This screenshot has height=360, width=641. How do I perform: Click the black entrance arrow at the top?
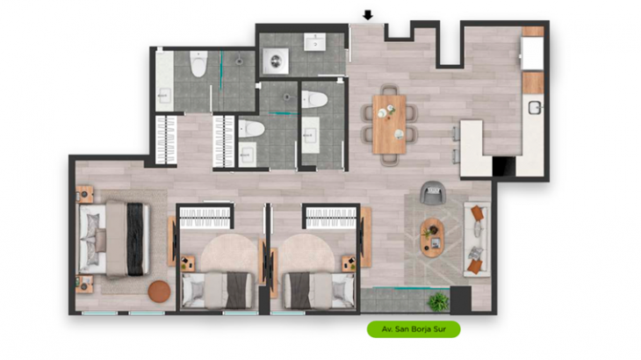[368, 15]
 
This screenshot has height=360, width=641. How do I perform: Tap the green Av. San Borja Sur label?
[414, 329]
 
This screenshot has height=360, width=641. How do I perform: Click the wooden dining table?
[389, 124]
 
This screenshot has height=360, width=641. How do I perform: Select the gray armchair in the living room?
[433, 193]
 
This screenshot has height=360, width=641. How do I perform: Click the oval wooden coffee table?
[432, 238]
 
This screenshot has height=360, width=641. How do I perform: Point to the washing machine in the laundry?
[275, 61]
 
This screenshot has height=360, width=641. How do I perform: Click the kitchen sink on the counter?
[535, 108]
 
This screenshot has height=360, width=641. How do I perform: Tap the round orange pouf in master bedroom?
[159, 292]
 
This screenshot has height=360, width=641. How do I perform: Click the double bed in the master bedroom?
[113, 239]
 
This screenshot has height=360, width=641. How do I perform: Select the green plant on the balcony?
[438, 302]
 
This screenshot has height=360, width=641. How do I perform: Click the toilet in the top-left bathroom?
[198, 64]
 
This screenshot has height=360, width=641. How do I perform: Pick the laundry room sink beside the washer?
[314, 42]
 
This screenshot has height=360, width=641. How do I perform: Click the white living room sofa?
[477, 239]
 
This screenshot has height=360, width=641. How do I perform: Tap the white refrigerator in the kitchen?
[532, 54]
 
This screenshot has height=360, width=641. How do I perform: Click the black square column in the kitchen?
[504, 166]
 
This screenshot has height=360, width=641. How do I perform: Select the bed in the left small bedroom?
[218, 290]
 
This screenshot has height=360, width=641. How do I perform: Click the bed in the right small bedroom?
[319, 290]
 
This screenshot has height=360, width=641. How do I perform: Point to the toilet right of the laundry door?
[314, 99]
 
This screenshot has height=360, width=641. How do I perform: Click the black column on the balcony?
[461, 300]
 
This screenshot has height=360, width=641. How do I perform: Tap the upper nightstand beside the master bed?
[84, 194]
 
